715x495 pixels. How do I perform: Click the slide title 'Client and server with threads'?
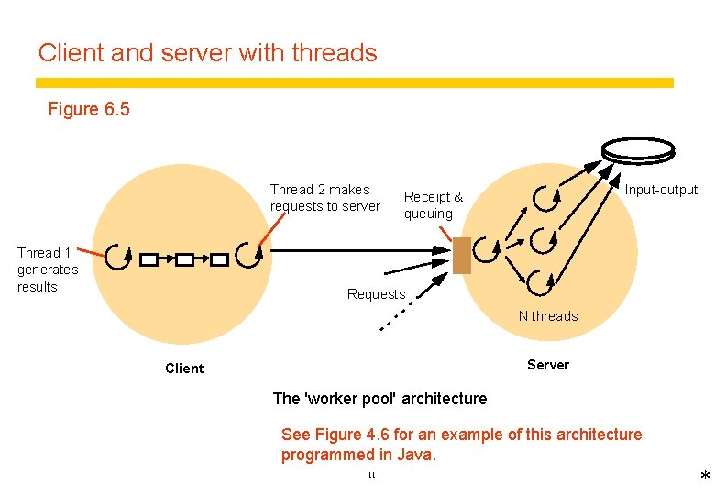tap(207, 53)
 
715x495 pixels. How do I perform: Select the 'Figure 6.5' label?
tap(89, 110)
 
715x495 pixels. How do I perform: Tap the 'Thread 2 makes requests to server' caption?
tap(324, 198)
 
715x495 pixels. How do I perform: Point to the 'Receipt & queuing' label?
tap(433, 205)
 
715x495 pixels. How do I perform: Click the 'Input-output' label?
tap(661, 190)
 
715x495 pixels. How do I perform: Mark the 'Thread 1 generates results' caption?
tap(48, 269)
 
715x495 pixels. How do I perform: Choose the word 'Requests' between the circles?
tap(376, 294)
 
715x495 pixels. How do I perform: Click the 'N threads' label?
tap(548, 316)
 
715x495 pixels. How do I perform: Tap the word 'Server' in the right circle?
tap(548, 365)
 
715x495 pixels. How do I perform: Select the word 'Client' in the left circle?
tap(184, 368)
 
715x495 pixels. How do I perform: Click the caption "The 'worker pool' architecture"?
tap(379, 399)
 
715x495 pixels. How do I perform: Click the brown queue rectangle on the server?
tap(462, 256)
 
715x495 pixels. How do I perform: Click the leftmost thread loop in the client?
tap(118, 258)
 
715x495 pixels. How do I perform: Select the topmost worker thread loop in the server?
tap(547, 196)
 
